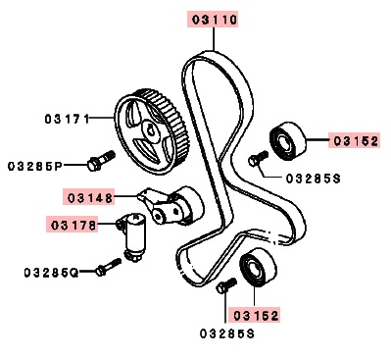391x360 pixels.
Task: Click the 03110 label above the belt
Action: tap(214, 20)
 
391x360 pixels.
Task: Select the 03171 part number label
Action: tap(67, 119)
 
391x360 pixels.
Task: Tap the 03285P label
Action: tap(35, 167)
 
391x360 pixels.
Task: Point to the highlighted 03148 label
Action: tap(90, 197)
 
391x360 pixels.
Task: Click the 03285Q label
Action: tap(51, 272)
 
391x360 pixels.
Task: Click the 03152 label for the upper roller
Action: tap(356, 141)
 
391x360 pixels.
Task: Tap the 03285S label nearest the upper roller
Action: tap(314, 179)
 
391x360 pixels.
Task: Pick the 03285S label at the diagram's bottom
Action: tap(227, 334)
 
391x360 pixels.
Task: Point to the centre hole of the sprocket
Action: tap(150, 129)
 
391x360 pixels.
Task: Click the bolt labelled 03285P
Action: tap(101, 160)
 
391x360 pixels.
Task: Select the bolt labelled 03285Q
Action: tap(109, 267)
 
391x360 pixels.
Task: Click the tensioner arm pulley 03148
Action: tap(172, 205)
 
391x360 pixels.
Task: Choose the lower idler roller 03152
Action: tap(259, 267)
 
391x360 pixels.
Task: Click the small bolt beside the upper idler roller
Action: tap(258, 158)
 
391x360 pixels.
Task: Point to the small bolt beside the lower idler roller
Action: tap(226, 284)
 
